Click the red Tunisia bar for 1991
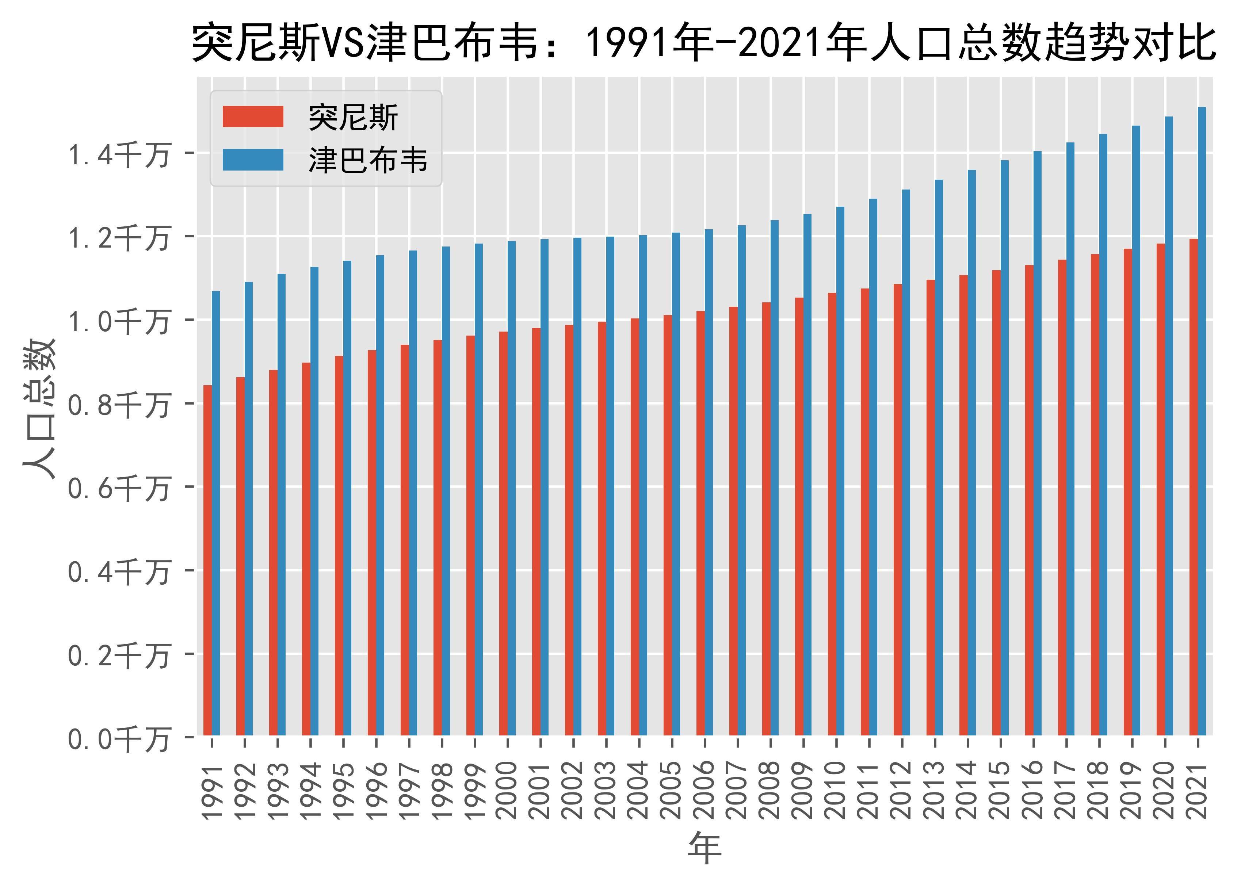[x=207, y=560]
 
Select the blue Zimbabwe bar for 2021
[x=1202, y=421]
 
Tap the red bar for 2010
[x=832, y=513]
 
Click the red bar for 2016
[x=1029, y=500]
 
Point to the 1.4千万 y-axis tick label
[x=118, y=154]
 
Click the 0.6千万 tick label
[x=118, y=488]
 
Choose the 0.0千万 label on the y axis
[x=118, y=739]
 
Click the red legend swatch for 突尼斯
[x=253, y=117]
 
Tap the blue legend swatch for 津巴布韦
[x=253, y=160]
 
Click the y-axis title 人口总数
[x=39, y=409]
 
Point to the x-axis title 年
[x=704, y=848]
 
